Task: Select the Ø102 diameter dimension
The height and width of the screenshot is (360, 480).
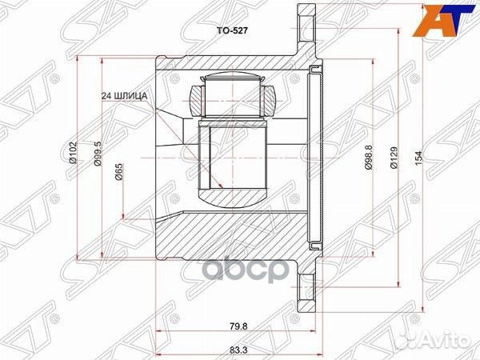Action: click(x=73, y=152)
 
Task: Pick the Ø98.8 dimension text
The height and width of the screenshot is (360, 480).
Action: click(x=368, y=159)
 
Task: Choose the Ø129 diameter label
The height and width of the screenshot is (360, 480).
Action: click(x=393, y=161)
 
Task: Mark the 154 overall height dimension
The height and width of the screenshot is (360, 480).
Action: click(x=418, y=160)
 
